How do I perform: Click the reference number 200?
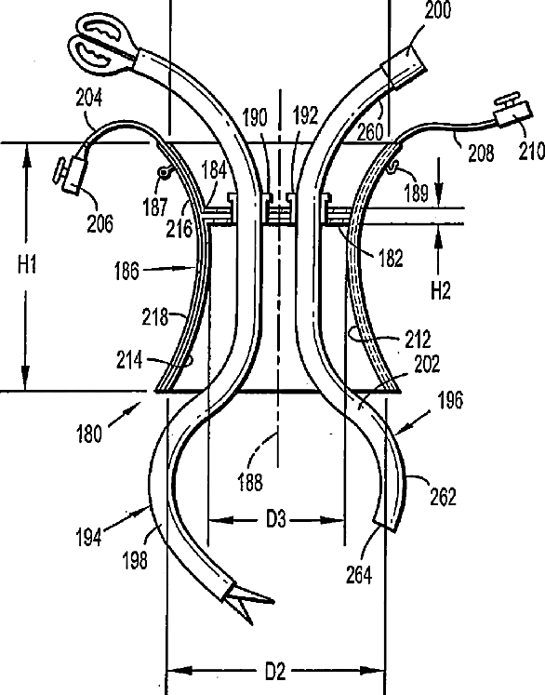point(438,9)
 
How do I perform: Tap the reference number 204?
point(89,98)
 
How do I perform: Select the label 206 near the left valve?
point(100,223)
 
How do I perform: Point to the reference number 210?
point(531,151)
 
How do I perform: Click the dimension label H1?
point(28,264)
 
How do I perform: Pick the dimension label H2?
point(441,291)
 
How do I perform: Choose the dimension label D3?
point(276,519)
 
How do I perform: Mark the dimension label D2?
point(275,672)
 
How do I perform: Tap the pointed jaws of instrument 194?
point(249,602)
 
